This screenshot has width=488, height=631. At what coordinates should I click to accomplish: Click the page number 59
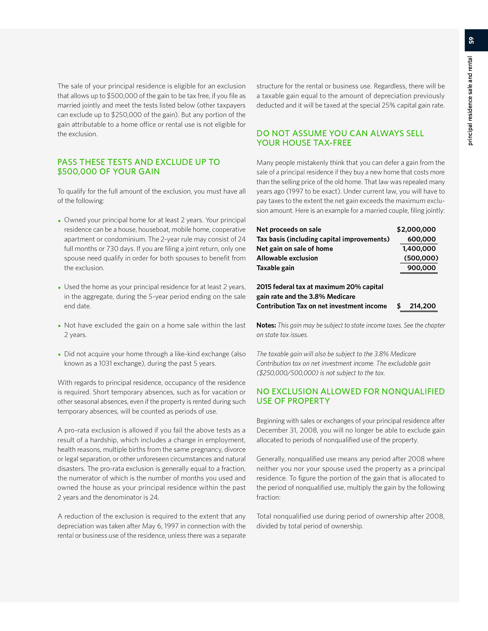coord(472,40)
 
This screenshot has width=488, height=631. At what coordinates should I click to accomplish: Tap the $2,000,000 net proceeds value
coord(416,229)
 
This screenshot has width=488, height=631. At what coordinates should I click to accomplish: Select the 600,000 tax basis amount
coord(421,239)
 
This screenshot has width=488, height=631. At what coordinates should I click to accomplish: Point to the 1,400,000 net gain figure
coord(419,248)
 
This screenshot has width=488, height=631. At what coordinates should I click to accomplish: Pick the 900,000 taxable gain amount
coord(421,268)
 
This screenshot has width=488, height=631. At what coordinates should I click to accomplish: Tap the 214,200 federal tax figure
coord(422,306)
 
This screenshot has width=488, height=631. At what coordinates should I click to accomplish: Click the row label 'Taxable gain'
coord(275,268)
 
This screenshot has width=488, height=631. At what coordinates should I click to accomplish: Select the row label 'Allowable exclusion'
coord(287,258)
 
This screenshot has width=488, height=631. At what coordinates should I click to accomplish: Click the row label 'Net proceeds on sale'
coord(288,229)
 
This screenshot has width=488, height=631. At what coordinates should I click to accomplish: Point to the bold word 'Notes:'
coord(266,325)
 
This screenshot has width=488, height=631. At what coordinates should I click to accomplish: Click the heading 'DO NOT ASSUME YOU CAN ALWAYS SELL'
coord(340,133)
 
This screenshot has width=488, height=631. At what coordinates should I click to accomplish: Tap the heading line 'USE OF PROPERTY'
coord(293,401)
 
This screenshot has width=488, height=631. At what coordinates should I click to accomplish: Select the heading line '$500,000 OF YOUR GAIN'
coord(109,172)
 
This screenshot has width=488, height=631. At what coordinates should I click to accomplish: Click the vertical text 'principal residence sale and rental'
coord(470,101)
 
